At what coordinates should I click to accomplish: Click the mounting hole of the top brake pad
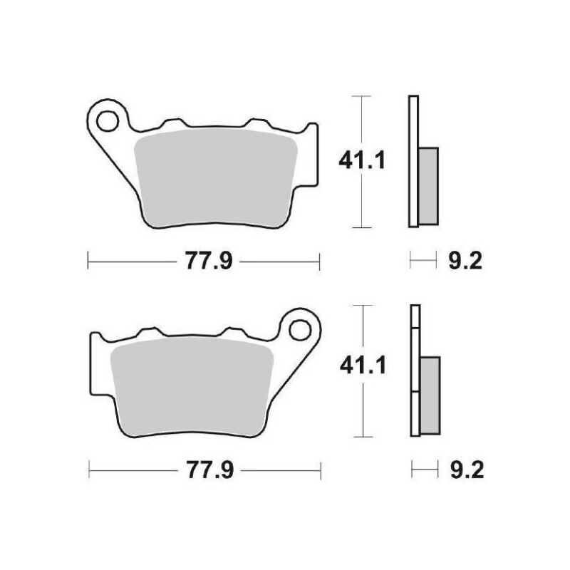108,119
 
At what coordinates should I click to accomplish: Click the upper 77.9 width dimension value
204,261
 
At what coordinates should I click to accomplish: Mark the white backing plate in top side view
413,161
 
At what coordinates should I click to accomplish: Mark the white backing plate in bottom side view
415,370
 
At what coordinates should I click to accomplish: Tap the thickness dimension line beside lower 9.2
424,471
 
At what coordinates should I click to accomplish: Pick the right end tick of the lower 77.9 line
321,471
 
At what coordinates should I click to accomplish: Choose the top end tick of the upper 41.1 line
363,95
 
